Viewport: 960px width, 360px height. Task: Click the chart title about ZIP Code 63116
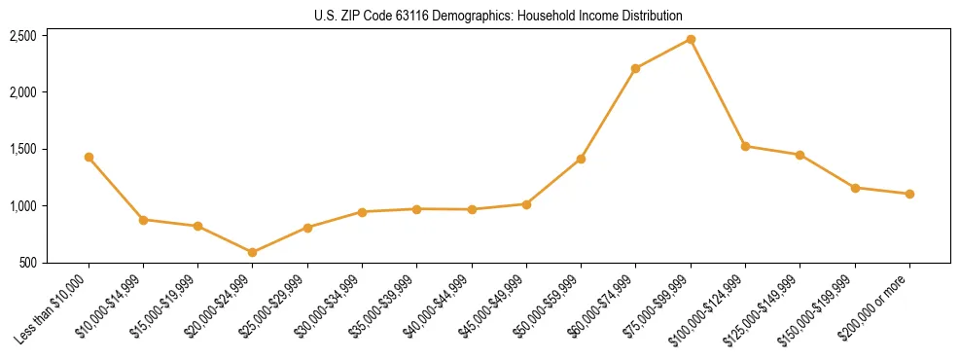(498, 16)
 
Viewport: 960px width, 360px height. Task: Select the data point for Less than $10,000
(89, 157)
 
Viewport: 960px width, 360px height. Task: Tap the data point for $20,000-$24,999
(253, 252)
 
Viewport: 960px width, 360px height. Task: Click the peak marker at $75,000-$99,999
(691, 39)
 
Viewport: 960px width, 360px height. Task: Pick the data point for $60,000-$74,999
(635, 68)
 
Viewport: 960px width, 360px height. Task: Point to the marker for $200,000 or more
(909, 194)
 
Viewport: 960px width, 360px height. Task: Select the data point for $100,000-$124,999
(745, 146)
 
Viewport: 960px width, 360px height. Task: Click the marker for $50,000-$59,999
(581, 159)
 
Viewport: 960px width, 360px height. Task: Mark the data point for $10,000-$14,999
(143, 220)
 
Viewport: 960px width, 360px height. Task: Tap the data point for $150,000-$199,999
(855, 188)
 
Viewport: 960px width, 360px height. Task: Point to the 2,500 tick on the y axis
(23, 36)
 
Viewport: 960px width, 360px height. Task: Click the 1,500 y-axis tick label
(23, 149)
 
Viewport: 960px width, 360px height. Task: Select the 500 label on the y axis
(29, 263)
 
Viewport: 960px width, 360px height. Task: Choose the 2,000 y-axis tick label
(23, 92)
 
